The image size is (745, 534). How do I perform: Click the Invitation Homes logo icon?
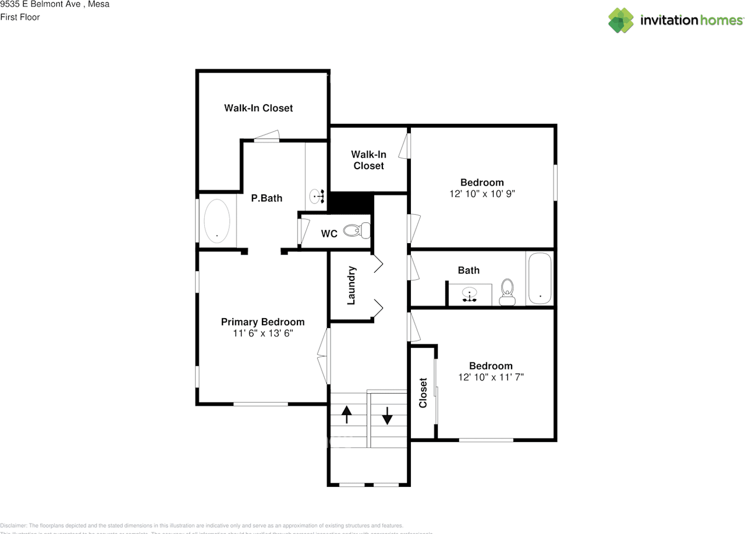coord(621,20)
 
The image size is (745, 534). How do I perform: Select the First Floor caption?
coord(20,17)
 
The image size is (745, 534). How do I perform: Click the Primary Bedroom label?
coord(262,322)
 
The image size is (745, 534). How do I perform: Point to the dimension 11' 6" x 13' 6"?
coord(262,333)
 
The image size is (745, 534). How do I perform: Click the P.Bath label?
coord(267,198)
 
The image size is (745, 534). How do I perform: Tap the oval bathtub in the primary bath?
coord(217,221)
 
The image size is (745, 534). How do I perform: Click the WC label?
coord(329,234)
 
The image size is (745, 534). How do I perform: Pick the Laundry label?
coord(351,286)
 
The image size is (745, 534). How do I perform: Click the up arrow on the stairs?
coord(347,415)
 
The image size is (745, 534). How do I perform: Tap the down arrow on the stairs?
coord(388,415)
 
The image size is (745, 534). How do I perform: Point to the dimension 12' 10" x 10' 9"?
coord(482,194)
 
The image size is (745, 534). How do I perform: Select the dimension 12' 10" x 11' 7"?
coord(491,377)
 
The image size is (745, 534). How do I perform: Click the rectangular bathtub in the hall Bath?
coord(540,279)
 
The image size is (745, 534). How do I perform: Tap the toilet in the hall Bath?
coord(508,291)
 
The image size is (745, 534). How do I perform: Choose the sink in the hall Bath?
coord(469,294)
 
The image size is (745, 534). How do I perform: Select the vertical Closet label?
coord(423,393)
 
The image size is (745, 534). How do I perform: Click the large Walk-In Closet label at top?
coord(258,108)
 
